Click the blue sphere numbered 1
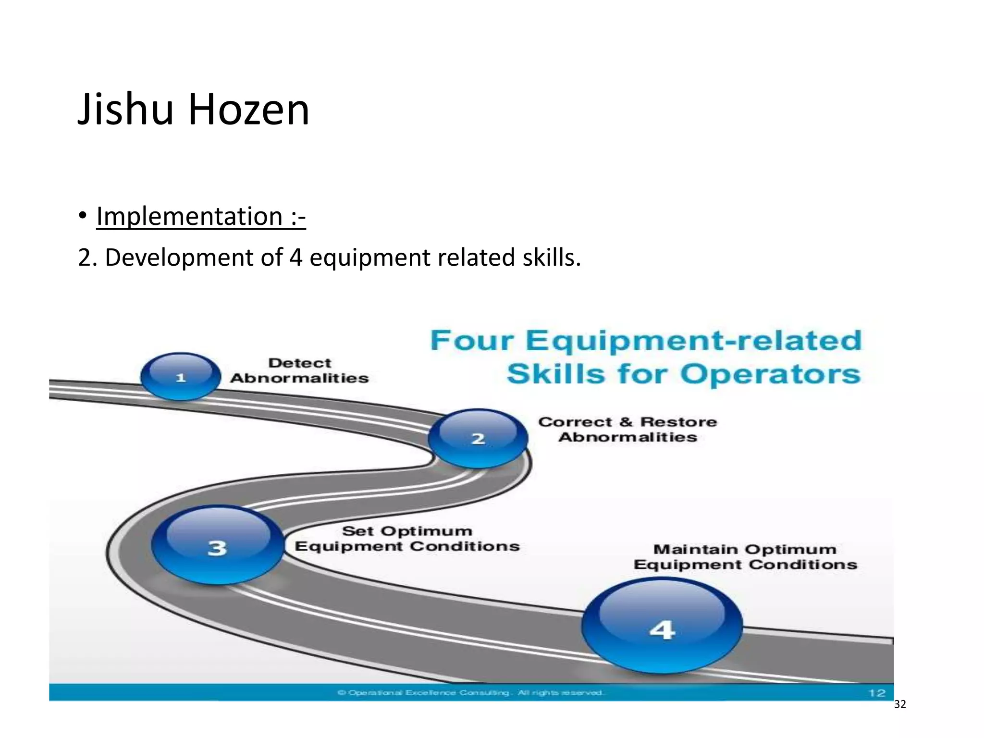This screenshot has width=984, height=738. pyautogui.click(x=181, y=376)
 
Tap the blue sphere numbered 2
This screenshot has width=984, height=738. pyautogui.click(x=478, y=438)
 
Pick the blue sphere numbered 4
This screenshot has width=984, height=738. pyautogui.click(x=662, y=626)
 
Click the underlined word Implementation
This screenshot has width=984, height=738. pyautogui.click(x=189, y=216)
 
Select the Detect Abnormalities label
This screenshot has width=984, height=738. pyautogui.click(x=299, y=370)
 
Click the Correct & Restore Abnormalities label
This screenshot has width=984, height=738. pyautogui.click(x=627, y=429)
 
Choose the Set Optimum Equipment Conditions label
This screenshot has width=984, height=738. pyautogui.click(x=407, y=539)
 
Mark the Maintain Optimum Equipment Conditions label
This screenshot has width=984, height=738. pyautogui.click(x=745, y=557)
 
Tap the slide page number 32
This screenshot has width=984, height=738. pyautogui.click(x=900, y=704)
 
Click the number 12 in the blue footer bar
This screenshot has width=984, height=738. pyautogui.click(x=877, y=693)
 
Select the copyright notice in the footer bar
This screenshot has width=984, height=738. pyautogui.click(x=471, y=693)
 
